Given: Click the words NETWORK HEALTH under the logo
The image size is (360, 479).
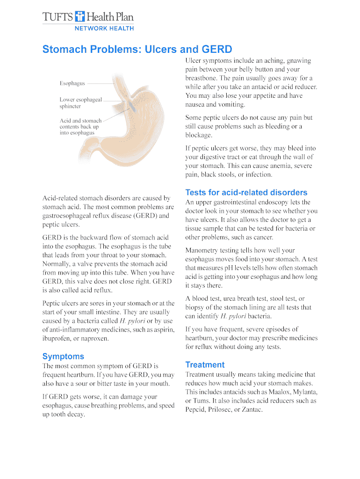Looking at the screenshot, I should [x=104, y=28].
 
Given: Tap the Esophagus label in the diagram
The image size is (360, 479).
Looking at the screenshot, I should [x=72, y=83].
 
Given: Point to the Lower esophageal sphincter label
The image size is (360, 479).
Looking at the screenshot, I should [x=80, y=103].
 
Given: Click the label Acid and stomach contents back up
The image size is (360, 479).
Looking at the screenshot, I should [x=80, y=123].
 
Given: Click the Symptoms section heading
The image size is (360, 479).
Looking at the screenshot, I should [x=63, y=356].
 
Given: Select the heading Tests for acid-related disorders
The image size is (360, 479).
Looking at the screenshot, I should [x=246, y=192].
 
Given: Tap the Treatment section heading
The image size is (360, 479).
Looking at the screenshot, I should [x=205, y=365].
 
